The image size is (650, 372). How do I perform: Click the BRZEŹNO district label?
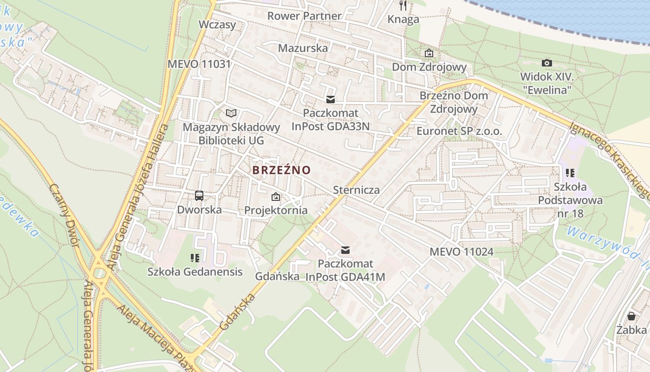(281, 170)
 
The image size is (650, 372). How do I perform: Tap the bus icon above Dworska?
(199, 196)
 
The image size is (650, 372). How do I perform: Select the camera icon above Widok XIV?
(547, 63)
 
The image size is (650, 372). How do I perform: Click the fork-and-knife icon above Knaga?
(403, 6)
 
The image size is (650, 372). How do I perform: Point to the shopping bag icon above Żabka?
(631, 316)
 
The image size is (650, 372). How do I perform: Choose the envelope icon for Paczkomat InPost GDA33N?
(331, 99)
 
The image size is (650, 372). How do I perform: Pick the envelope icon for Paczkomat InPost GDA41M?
(345, 250)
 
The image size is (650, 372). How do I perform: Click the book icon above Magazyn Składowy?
(231, 113)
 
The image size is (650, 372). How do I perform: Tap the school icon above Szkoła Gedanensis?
(195, 258)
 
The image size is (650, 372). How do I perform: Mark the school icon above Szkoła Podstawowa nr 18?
(570, 173)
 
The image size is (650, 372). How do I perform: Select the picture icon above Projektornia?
(276, 197)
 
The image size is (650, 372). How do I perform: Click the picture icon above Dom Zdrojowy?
(429, 53)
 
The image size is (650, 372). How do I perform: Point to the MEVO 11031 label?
(199, 64)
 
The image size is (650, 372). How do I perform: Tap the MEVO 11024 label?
(461, 252)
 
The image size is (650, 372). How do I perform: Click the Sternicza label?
(356, 190)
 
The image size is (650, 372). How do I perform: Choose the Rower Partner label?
(304, 16)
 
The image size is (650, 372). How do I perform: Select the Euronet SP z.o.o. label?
(459, 131)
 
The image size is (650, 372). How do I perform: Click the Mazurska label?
(303, 48)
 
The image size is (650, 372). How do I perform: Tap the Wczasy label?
(217, 25)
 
